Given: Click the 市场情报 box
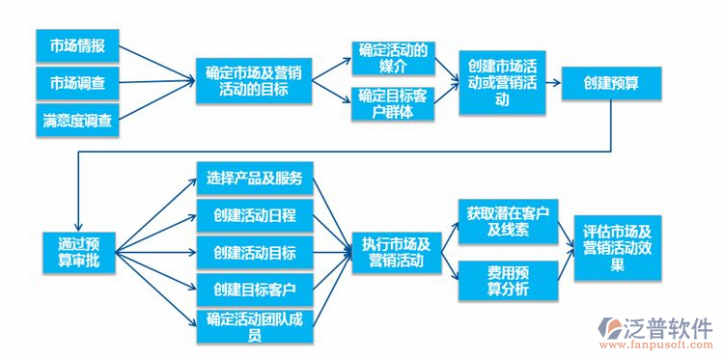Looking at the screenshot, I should coord(77,46).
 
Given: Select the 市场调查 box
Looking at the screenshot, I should coord(77,83).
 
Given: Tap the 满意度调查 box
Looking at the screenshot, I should coord(77,121).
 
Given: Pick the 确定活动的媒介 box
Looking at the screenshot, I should coord(392,58).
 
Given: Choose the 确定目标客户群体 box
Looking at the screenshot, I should coord(392,103).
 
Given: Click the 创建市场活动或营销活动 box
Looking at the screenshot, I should coord(500,82).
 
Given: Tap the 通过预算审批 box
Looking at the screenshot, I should coord(78,251).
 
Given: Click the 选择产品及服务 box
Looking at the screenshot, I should coord(255,178).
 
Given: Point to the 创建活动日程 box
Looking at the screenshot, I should coord(255,215).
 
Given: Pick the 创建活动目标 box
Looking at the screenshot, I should coord(255,253).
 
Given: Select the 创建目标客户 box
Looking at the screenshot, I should coord(255,289).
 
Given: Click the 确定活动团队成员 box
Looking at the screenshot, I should coord(255,326).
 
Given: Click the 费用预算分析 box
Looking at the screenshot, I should coord(508,280).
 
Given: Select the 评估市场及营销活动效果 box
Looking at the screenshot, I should coord(618,248).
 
